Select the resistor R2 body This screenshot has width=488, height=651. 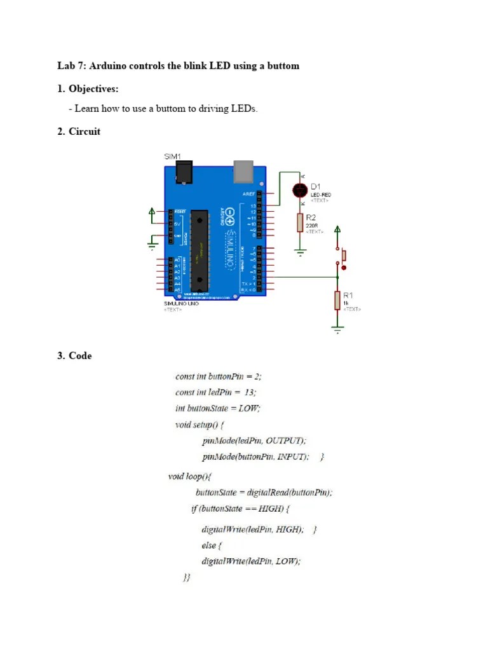pos(300,223)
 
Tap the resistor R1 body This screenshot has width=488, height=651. pos(337,299)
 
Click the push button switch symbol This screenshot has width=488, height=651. pos(343,256)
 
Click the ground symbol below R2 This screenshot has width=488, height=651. pos(300,251)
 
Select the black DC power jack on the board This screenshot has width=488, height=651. pos(184,172)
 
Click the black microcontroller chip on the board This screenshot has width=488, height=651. pos(200,247)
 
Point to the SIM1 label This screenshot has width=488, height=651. pos(173,156)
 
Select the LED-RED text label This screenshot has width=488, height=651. pos(320,195)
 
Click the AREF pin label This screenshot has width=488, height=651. pos(248,193)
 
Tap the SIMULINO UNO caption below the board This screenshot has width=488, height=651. pos(182,304)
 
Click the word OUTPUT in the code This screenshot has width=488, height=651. pos(285,440)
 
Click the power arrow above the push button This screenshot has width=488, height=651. pos(337,230)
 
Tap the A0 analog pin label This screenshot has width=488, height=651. pos(177,260)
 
